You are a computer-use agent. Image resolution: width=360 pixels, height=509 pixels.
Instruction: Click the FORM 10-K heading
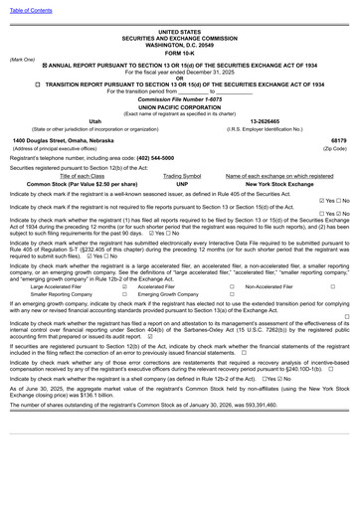click(x=179, y=53)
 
